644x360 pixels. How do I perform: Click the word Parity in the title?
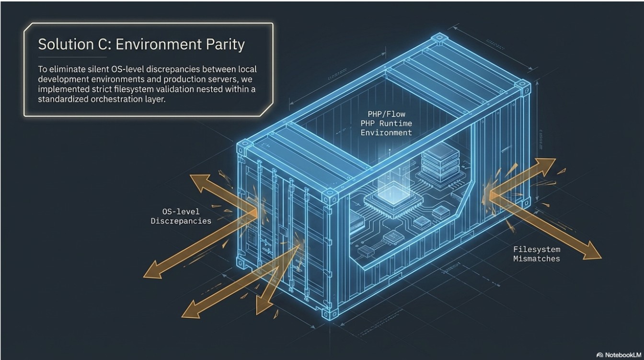[225, 45]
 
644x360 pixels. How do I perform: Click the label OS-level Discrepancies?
[181, 216]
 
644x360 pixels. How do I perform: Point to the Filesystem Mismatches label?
[537, 254]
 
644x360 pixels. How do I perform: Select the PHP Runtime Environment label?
[386, 123]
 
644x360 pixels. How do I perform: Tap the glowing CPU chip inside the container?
[393, 200]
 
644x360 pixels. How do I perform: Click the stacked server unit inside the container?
[440, 162]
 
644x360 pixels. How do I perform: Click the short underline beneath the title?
[72, 57]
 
